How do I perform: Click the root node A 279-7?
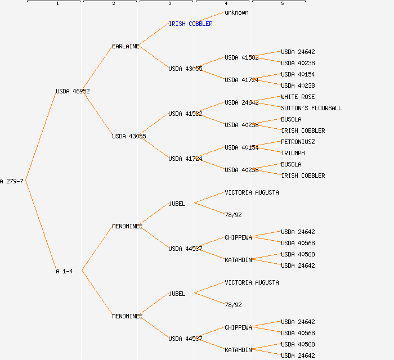[x=12, y=181]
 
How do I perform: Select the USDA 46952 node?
[x=73, y=91]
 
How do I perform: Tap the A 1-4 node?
[x=64, y=271]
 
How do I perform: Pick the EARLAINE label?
[x=126, y=46]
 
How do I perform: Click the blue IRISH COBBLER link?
[x=190, y=24]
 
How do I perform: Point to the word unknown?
[x=236, y=12]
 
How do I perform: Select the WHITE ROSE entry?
[x=298, y=97]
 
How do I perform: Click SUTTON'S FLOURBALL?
[x=311, y=108]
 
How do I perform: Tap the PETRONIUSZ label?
[x=298, y=142]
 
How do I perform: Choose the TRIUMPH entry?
[x=293, y=153]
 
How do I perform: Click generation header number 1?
[x=57, y=4]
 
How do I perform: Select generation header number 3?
[x=169, y=4]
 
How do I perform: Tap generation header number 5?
[x=282, y=4]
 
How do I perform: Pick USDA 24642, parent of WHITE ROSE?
[x=241, y=102]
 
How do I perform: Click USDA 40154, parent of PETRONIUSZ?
[x=241, y=147]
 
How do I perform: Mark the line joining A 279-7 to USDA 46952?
[x=41, y=136]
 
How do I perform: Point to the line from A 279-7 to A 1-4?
[x=41, y=226]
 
